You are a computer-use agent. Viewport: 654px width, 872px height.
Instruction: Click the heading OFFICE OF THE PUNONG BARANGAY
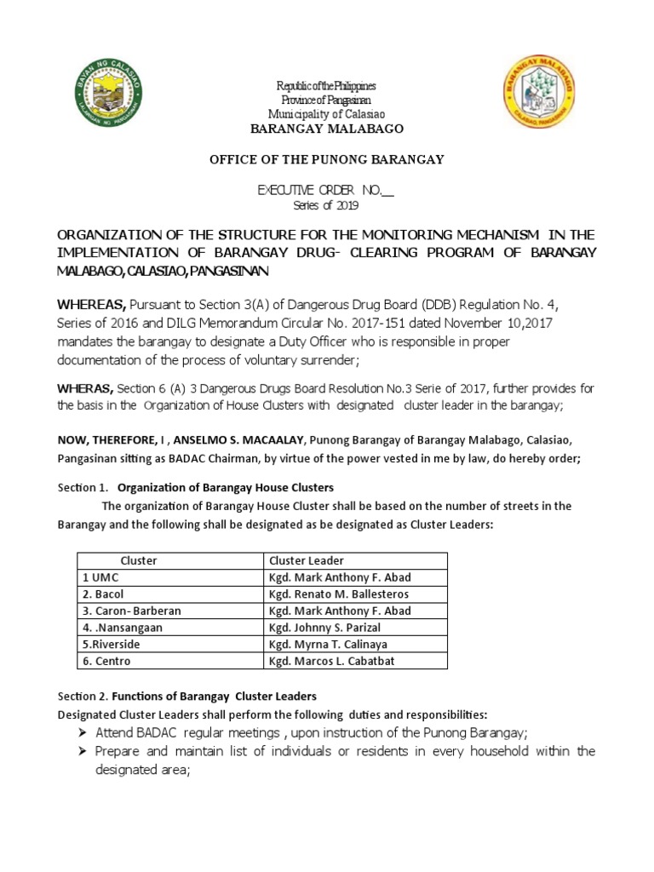pos(326,159)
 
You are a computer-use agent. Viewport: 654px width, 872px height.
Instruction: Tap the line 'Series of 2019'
pos(326,205)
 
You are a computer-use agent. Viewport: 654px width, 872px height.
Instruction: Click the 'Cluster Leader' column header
pos(307,560)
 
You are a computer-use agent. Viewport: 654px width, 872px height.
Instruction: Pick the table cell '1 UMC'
pos(100,577)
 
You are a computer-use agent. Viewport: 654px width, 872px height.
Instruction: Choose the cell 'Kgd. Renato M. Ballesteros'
pos(339,594)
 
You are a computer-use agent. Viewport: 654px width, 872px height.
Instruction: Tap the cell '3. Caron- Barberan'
pos(132,611)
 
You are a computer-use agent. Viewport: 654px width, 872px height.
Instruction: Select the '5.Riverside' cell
pos(111,645)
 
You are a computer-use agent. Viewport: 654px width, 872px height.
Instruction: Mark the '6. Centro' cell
pos(106,662)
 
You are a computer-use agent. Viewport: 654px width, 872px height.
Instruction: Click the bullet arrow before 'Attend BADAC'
pos(83,733)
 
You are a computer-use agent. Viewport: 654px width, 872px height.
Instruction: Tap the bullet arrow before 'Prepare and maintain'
pos(83,751)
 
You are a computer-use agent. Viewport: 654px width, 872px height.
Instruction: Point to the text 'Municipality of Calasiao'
pos(325,114)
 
